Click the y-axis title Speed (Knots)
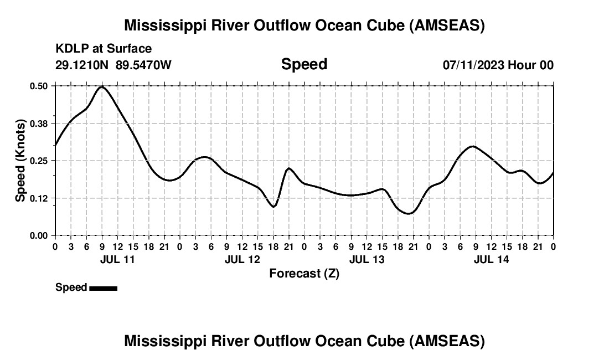(20, 161)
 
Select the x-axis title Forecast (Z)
(304, 273)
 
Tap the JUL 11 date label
(117, 259)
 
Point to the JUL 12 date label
(242, 259)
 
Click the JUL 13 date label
(367, 259)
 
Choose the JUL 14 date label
(492, 259)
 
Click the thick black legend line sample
(103, 288)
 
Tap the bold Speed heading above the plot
(304, 64)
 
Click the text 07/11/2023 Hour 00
(498, 65)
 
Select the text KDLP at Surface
(104, 49)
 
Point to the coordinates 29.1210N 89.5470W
(113, 65)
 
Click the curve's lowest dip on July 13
(409, 213)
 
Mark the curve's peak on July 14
(472, 146)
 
